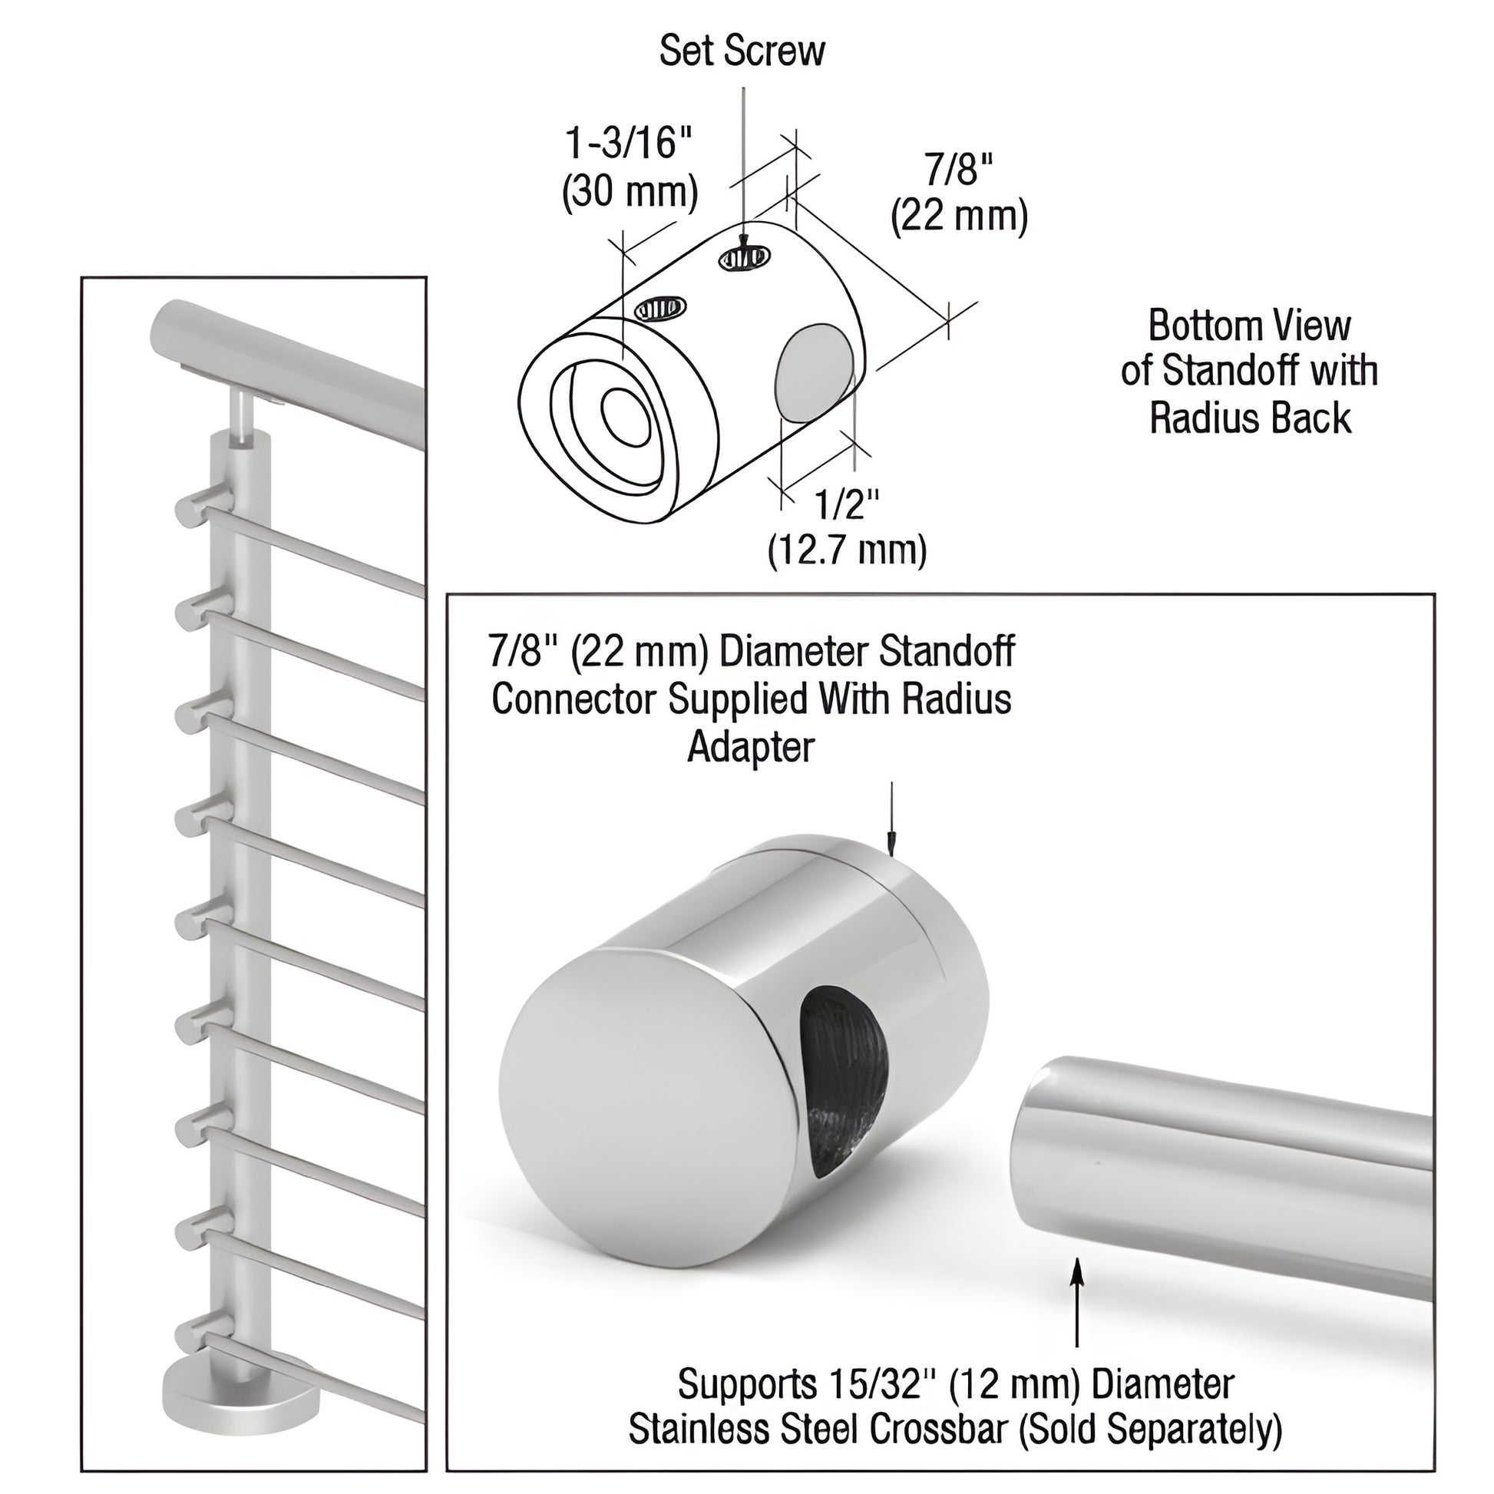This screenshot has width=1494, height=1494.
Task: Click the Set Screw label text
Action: tap(742, 51)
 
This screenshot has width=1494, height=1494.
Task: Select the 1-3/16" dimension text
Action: tap(628, 143)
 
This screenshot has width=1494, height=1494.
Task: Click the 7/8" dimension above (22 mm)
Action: tap(959, 169)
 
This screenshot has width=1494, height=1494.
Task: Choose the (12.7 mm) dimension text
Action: tap(847, 550)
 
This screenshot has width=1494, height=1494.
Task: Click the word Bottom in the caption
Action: tap(1195, 326)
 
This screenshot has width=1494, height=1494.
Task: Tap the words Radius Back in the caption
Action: tap(1250, 419)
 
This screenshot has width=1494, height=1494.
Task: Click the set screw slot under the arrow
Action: tap(745, 257)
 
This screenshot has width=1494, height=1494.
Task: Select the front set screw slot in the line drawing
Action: tap(659, 309)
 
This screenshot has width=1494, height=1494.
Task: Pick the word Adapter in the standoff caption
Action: tap(750, 748)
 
